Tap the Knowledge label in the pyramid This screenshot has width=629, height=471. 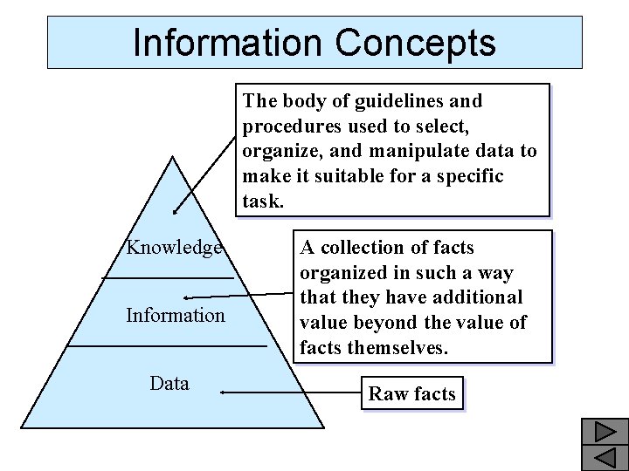[174, 248]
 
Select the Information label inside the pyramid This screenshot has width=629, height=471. [175, 315]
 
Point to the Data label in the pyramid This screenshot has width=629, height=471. [169, 383]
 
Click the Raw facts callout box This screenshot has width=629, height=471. [411, 394]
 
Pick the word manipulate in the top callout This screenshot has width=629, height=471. [417, 151]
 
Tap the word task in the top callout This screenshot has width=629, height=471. [261, 201]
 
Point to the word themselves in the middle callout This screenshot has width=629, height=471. [397, 348]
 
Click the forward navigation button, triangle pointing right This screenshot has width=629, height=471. [603, 432]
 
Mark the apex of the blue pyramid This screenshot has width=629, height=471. [173, 157]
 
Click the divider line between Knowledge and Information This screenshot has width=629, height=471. [168, 277]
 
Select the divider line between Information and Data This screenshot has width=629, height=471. [166, 345]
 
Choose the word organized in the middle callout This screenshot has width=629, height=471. [342, 273]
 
